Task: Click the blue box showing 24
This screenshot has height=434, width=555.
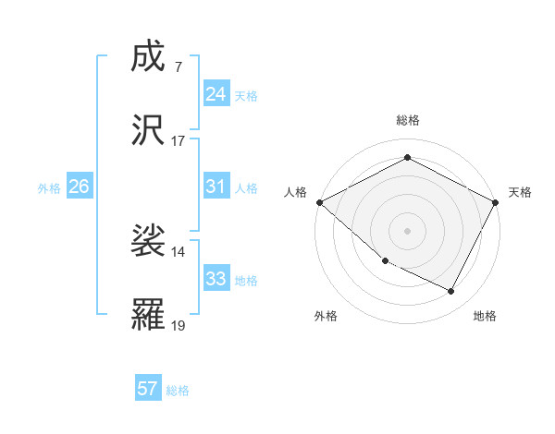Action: coord(216,94)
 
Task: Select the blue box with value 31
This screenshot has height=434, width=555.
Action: coord(216,187)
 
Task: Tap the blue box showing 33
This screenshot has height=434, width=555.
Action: coord(216,279)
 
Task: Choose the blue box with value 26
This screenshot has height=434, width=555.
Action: coord(79,187)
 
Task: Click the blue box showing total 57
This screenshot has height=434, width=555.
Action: coord(148,389)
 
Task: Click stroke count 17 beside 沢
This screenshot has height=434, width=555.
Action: coord(179,141)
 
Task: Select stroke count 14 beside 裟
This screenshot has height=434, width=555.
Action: coord(179,251)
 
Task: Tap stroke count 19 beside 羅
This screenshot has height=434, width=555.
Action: coord(179,325)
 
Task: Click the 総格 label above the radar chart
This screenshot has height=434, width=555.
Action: coord(407,120)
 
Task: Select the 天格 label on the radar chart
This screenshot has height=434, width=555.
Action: coord(520,192)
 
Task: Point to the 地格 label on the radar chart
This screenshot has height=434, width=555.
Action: coord(485,316)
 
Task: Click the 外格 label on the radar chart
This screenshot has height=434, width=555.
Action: coord(326,316)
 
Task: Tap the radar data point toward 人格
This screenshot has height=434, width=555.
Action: coord(319,202)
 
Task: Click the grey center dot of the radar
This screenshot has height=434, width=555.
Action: coord(407,230)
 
